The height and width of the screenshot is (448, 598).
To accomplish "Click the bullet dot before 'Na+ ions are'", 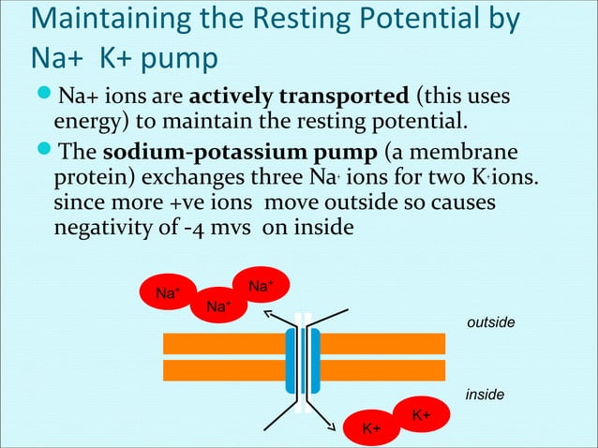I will coord(43,95).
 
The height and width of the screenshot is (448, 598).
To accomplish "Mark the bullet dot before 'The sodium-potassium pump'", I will coord(43,151).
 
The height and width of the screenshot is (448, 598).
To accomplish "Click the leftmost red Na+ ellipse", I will coord(169,293).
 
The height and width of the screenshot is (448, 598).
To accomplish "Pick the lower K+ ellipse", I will coord(372,428).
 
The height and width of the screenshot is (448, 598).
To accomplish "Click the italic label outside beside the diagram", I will coord(490,322).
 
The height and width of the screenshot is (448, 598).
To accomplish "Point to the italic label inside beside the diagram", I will coord(485,396).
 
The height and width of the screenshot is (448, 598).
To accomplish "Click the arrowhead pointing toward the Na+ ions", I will coord(268,316).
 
